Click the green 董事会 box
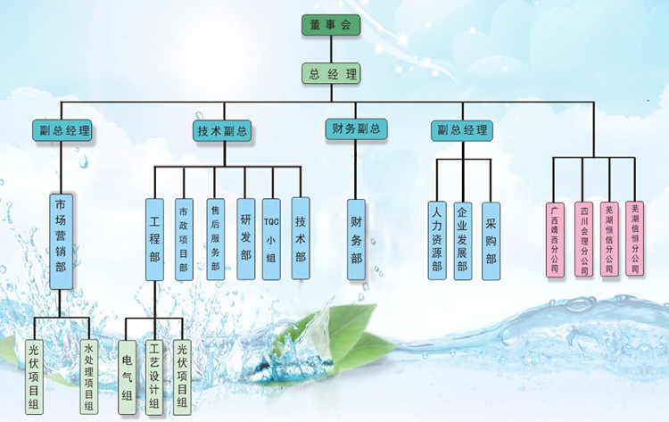[332, 25]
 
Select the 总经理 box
[332, 74]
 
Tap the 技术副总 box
[222, 131]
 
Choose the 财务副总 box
[356, 129]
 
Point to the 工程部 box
[155, 239]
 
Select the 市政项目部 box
[184, 239]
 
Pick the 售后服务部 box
[215, 239]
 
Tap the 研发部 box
[245, 239]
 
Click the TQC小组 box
[272, 239]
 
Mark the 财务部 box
[356, 239]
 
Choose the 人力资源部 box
[436, 239]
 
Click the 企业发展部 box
[462, 239]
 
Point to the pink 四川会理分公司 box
[583, 240]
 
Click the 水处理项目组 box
[87, 375]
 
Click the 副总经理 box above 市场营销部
[65, 131]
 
